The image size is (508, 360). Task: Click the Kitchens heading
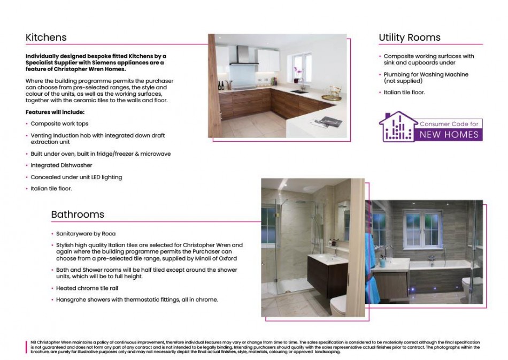coord(46,37)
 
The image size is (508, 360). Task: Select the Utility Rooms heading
coord(409,37)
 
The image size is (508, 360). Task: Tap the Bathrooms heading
coord(78,215)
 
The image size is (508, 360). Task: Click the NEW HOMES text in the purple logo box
coord(449,135)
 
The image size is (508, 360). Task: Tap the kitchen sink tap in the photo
coord(302,83)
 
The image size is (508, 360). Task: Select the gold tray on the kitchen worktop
coord(331,97)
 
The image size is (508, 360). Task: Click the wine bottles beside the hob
coord(221,85)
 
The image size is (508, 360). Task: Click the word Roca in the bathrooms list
coord(109,234)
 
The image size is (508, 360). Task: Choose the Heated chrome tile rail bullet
coord(87,288)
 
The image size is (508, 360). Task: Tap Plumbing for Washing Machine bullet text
coord(426,74)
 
